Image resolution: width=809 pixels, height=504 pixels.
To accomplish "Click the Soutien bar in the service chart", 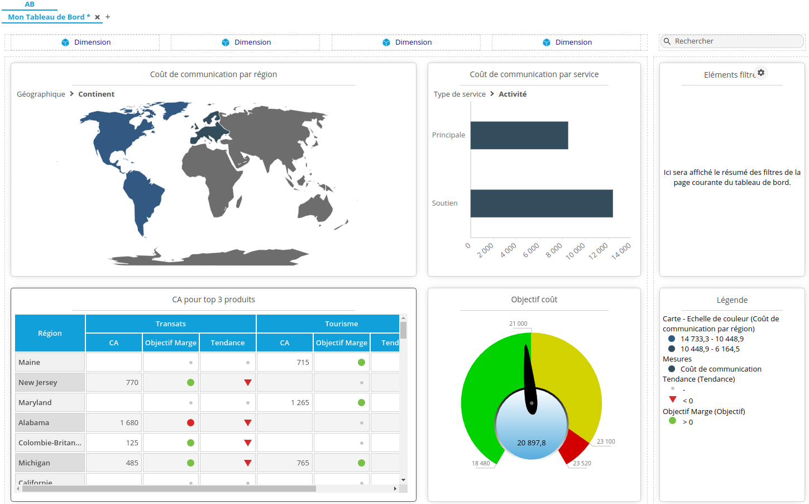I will tap(541, 203).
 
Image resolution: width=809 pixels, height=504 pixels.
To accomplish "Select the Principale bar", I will tap(519, 135).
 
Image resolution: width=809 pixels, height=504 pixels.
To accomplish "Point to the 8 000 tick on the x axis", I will tap(554, 250).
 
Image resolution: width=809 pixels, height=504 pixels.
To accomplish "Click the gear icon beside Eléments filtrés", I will tap(761, 73).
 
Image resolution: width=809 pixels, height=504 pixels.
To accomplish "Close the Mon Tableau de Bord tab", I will tap(98, 17).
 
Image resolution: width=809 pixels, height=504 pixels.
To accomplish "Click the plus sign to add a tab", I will tap(108, 17).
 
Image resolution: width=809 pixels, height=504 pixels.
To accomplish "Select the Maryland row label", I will tap(35, 403).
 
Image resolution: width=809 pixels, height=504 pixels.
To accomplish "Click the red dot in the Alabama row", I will tap(190, 423).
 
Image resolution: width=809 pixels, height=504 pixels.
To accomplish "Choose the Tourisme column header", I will tap(341, 324).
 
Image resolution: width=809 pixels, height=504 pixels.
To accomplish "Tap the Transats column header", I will tap(170, 324).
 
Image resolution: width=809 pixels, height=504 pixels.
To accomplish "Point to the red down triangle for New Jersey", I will tap(247, 383).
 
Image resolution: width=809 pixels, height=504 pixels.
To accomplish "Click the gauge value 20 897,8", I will tap(531, 443).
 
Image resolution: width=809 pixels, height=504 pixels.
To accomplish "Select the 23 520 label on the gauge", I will tap(582, 463).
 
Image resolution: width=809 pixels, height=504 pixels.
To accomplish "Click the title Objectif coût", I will tap(534, 300).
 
